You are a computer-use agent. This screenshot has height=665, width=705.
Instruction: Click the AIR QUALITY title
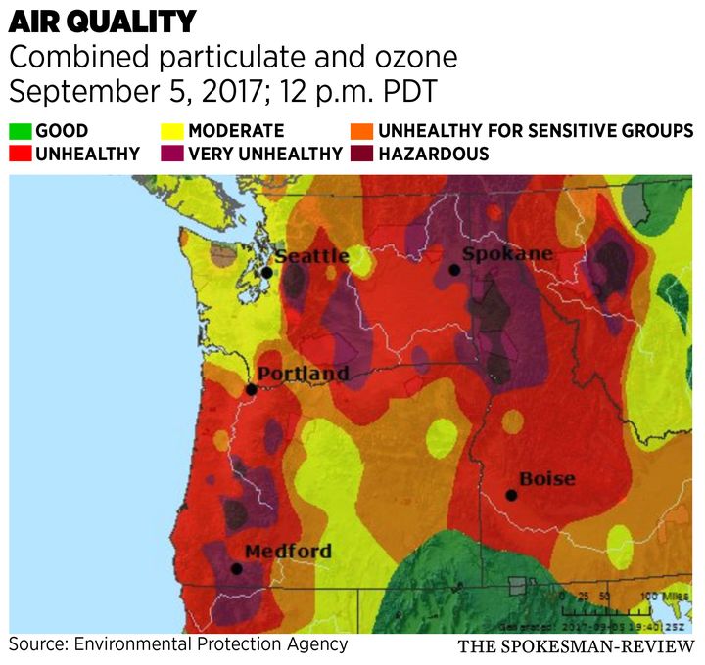click(102, 22)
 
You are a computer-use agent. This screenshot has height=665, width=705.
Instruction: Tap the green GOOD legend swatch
click(20, 131)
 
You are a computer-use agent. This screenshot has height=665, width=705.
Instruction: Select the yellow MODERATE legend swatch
click(172, 131)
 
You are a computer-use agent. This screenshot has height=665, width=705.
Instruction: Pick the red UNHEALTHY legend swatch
click(20, 154)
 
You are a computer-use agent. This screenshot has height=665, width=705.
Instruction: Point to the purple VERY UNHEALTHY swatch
click(172, 154)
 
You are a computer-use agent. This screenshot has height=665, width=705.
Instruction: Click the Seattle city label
click(311, 256)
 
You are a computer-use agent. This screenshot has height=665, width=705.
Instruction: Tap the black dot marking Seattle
click(266, 272)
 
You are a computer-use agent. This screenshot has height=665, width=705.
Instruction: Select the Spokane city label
click(507, 254)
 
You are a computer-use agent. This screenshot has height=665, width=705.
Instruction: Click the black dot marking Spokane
click(454, 270)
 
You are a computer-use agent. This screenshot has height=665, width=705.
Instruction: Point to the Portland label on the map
click(303, 374)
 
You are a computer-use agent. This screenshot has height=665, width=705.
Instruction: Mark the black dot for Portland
click(251, 389)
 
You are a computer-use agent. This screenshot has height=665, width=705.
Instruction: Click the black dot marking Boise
click(511, 495)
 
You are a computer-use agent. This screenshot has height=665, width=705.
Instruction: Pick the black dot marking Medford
click(236, 568)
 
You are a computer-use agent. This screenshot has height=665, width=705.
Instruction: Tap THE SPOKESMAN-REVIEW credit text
click(576, 647)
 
